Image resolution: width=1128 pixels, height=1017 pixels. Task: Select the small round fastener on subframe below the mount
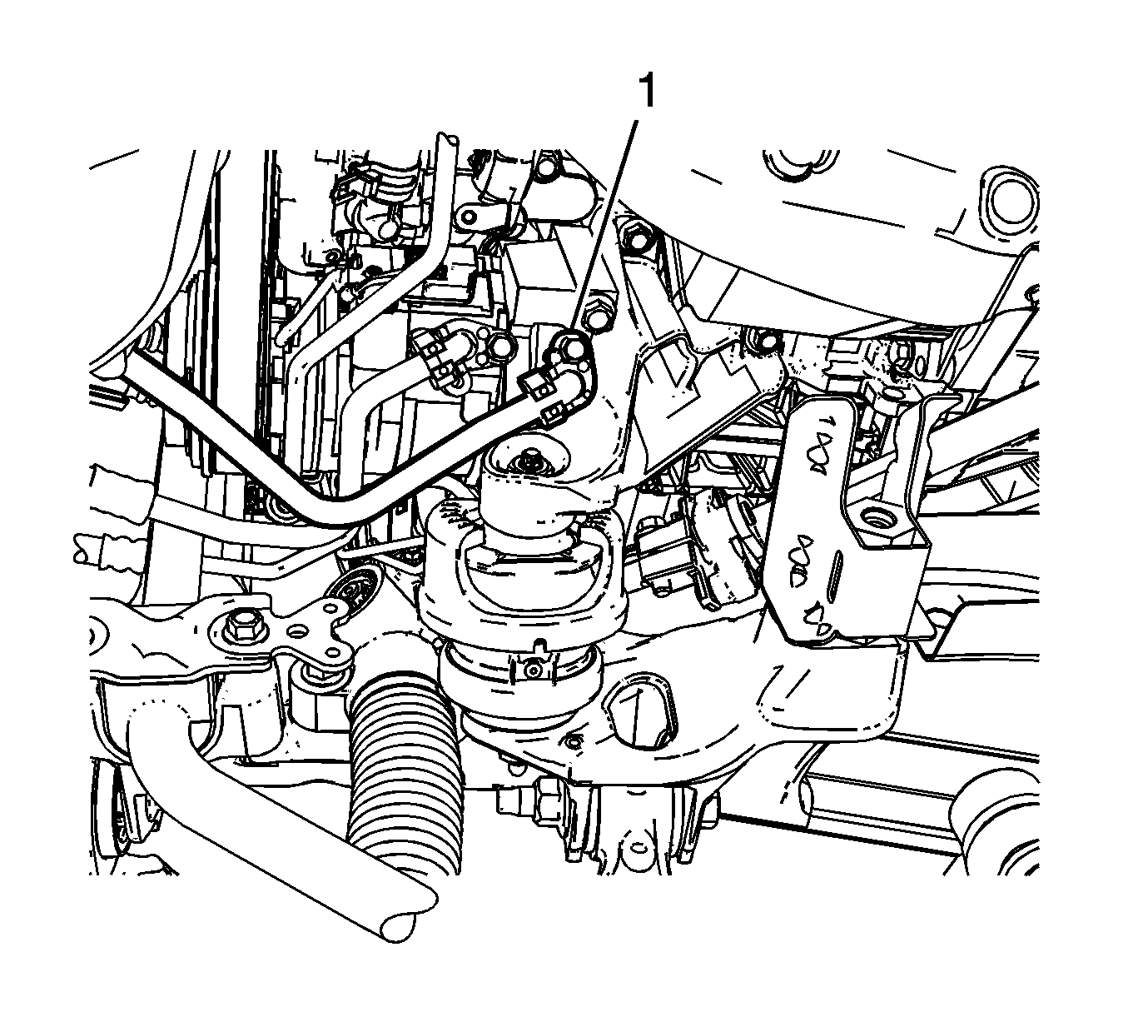point(573,743)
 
